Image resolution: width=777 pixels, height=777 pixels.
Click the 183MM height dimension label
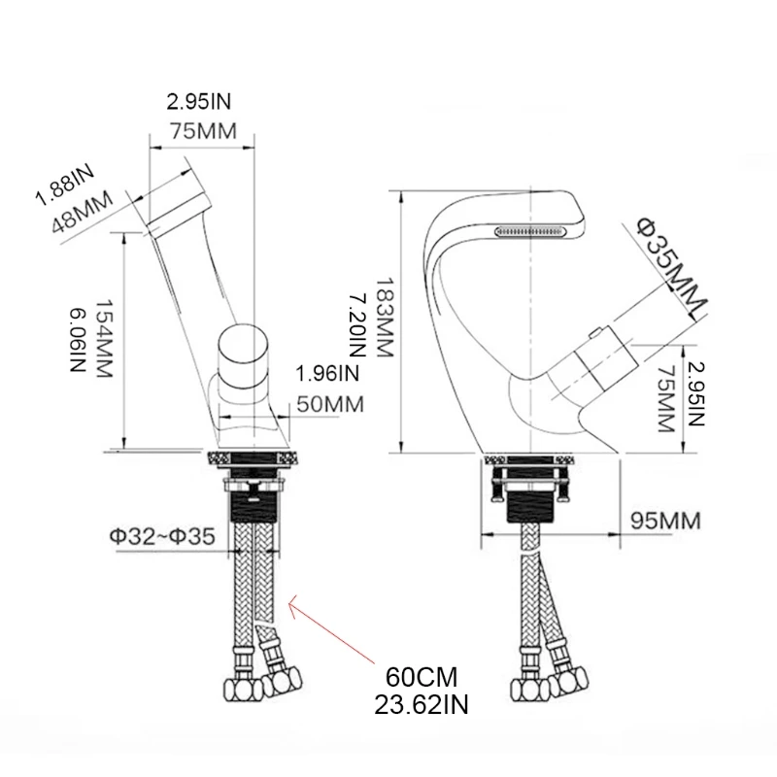[384, 314]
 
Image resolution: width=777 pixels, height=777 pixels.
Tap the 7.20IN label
[357, 314]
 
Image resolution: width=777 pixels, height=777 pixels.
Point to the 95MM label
[665, 521]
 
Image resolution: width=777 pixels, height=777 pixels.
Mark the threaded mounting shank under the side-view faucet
[529, 503]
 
